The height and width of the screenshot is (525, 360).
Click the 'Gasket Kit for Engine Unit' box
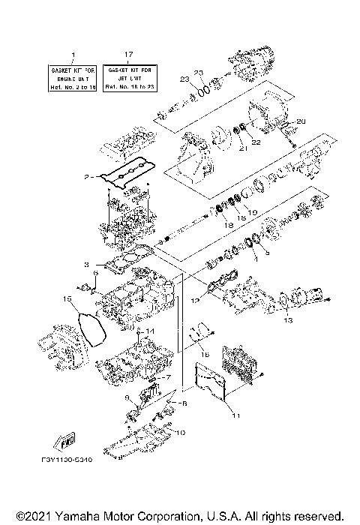pos(73,78)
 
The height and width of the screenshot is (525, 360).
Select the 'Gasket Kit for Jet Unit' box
pos(129,78)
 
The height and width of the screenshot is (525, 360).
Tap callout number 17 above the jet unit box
pos(129,55)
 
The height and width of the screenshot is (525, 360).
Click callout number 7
pos(169,377)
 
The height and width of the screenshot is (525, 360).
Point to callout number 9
pos(127,397)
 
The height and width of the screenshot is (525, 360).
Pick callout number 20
pos(302,121)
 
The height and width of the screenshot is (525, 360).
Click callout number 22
pos(256,143)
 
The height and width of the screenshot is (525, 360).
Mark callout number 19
pos(251,212)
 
